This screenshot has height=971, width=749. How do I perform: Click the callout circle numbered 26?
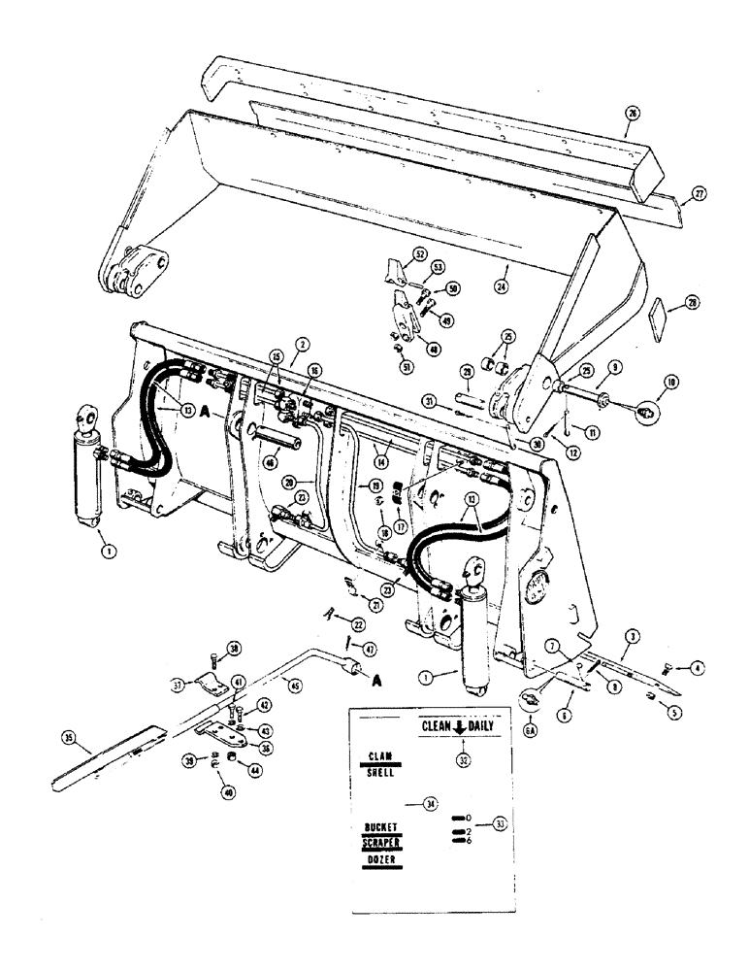click(x=632, y=114)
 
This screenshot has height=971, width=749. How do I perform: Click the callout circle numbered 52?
click(x=419, y=254)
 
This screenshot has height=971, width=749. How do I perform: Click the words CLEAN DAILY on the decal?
click(x=457, y=725)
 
